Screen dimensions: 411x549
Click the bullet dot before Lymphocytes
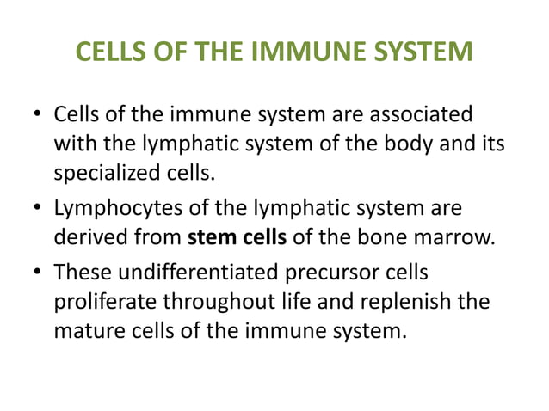35,210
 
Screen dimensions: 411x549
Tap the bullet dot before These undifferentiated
35,274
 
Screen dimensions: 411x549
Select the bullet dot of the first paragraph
35,115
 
